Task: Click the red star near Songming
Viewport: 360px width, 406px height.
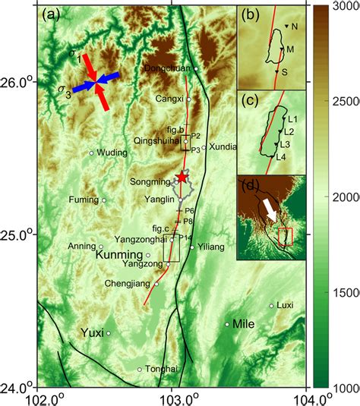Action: pyautogui.click(x=182, y=177)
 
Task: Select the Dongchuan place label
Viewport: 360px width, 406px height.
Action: pyautogui.click(x=166, y=69)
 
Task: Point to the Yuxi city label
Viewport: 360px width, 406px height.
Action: pyautogui.click(x=91, y=332)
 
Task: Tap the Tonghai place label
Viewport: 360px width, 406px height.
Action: pyautogui.click(x=162, y=370)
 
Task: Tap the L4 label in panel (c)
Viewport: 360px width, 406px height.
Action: pyautogui.click(x=280, y=157)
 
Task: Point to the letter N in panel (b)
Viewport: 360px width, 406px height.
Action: pyautogui.click(x=294, y=27)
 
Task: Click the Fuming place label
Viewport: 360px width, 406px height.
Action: pyautogui.click(x=81, y=201)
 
